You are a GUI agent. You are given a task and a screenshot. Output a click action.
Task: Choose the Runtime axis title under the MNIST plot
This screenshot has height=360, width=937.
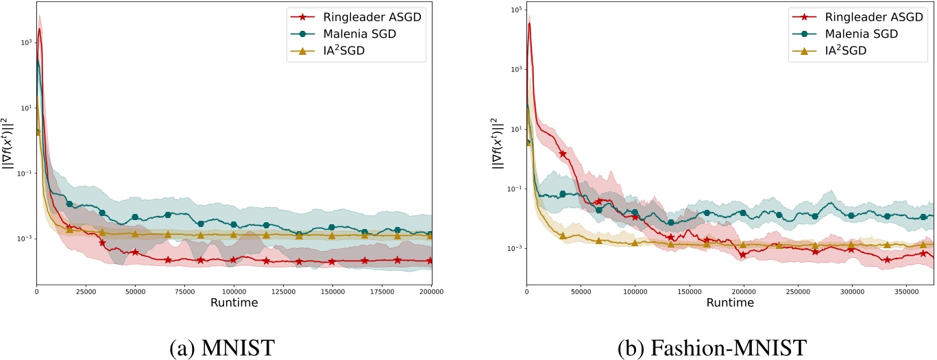pos(234,302)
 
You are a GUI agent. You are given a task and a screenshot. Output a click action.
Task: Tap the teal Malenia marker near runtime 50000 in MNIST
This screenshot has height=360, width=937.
pos(135,217)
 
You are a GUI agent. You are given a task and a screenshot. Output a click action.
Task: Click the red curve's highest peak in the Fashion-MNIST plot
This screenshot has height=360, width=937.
pos(529,23)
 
